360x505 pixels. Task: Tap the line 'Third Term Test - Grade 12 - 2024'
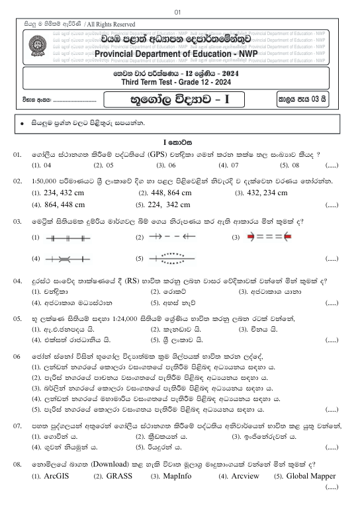[179, 82]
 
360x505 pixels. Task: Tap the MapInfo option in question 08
[180, 476]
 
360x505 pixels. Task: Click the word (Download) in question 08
[113, 464]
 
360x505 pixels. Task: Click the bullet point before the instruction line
[22, 124]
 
